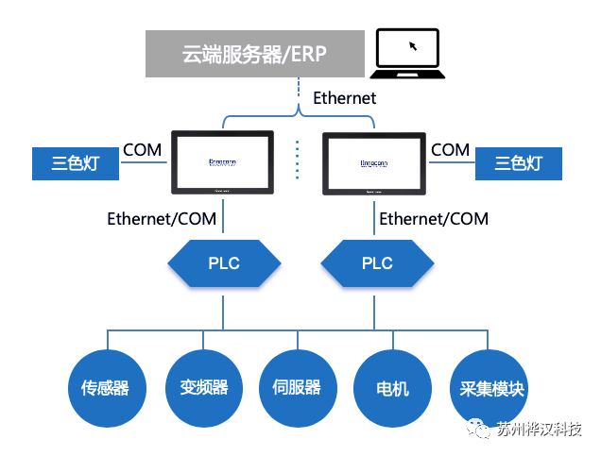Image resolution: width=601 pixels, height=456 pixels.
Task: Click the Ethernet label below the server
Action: tap(344, 97)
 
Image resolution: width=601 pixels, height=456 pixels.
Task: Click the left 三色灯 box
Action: tap(76, 163)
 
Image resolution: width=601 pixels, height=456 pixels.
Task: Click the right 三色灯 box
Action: tap(519, 163)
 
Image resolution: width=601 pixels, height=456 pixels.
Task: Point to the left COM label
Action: tap(143, 149)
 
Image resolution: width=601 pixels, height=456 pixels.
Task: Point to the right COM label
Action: tap(451, 149)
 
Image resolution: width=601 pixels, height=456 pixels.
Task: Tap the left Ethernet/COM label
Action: tap(162, 219)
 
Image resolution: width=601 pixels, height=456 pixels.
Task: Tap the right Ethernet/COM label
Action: tap(434, 219)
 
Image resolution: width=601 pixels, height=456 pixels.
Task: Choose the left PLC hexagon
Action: tap(223, 262)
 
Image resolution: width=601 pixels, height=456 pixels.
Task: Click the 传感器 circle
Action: tap(106, 388)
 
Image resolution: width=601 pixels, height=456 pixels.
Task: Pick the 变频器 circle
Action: tap(203, 388)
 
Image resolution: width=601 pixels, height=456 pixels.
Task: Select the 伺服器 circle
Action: tap(297, 388)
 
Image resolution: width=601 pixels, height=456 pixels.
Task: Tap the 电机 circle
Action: tap(393, 388)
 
